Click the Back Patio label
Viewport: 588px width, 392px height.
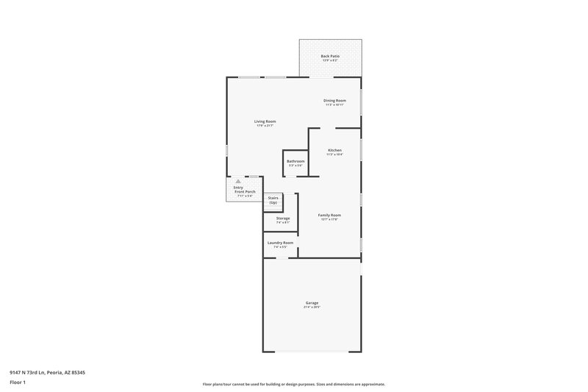click(330, 56)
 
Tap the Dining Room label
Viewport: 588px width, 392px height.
click(334, 100)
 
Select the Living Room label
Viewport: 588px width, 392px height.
click(265, 121)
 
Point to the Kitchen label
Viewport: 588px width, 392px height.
click(334, 150)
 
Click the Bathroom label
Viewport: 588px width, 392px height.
click(295, 161)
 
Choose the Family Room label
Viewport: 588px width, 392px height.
click(329, 215)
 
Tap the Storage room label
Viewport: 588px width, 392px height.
click(283, 218)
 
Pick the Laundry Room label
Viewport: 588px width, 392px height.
click(280, 243)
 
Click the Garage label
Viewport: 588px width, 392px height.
click(312, 302)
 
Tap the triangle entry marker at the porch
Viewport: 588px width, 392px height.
click(237, 181)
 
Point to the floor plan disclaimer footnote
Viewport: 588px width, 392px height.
click(293, 384)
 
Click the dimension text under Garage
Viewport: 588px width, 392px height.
click(312, 307)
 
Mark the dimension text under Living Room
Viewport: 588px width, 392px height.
click(265, 126)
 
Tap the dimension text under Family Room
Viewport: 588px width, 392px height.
click(329, 219)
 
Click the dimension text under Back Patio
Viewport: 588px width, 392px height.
click(330, 60)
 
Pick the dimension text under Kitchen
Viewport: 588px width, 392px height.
click(334, 154)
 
